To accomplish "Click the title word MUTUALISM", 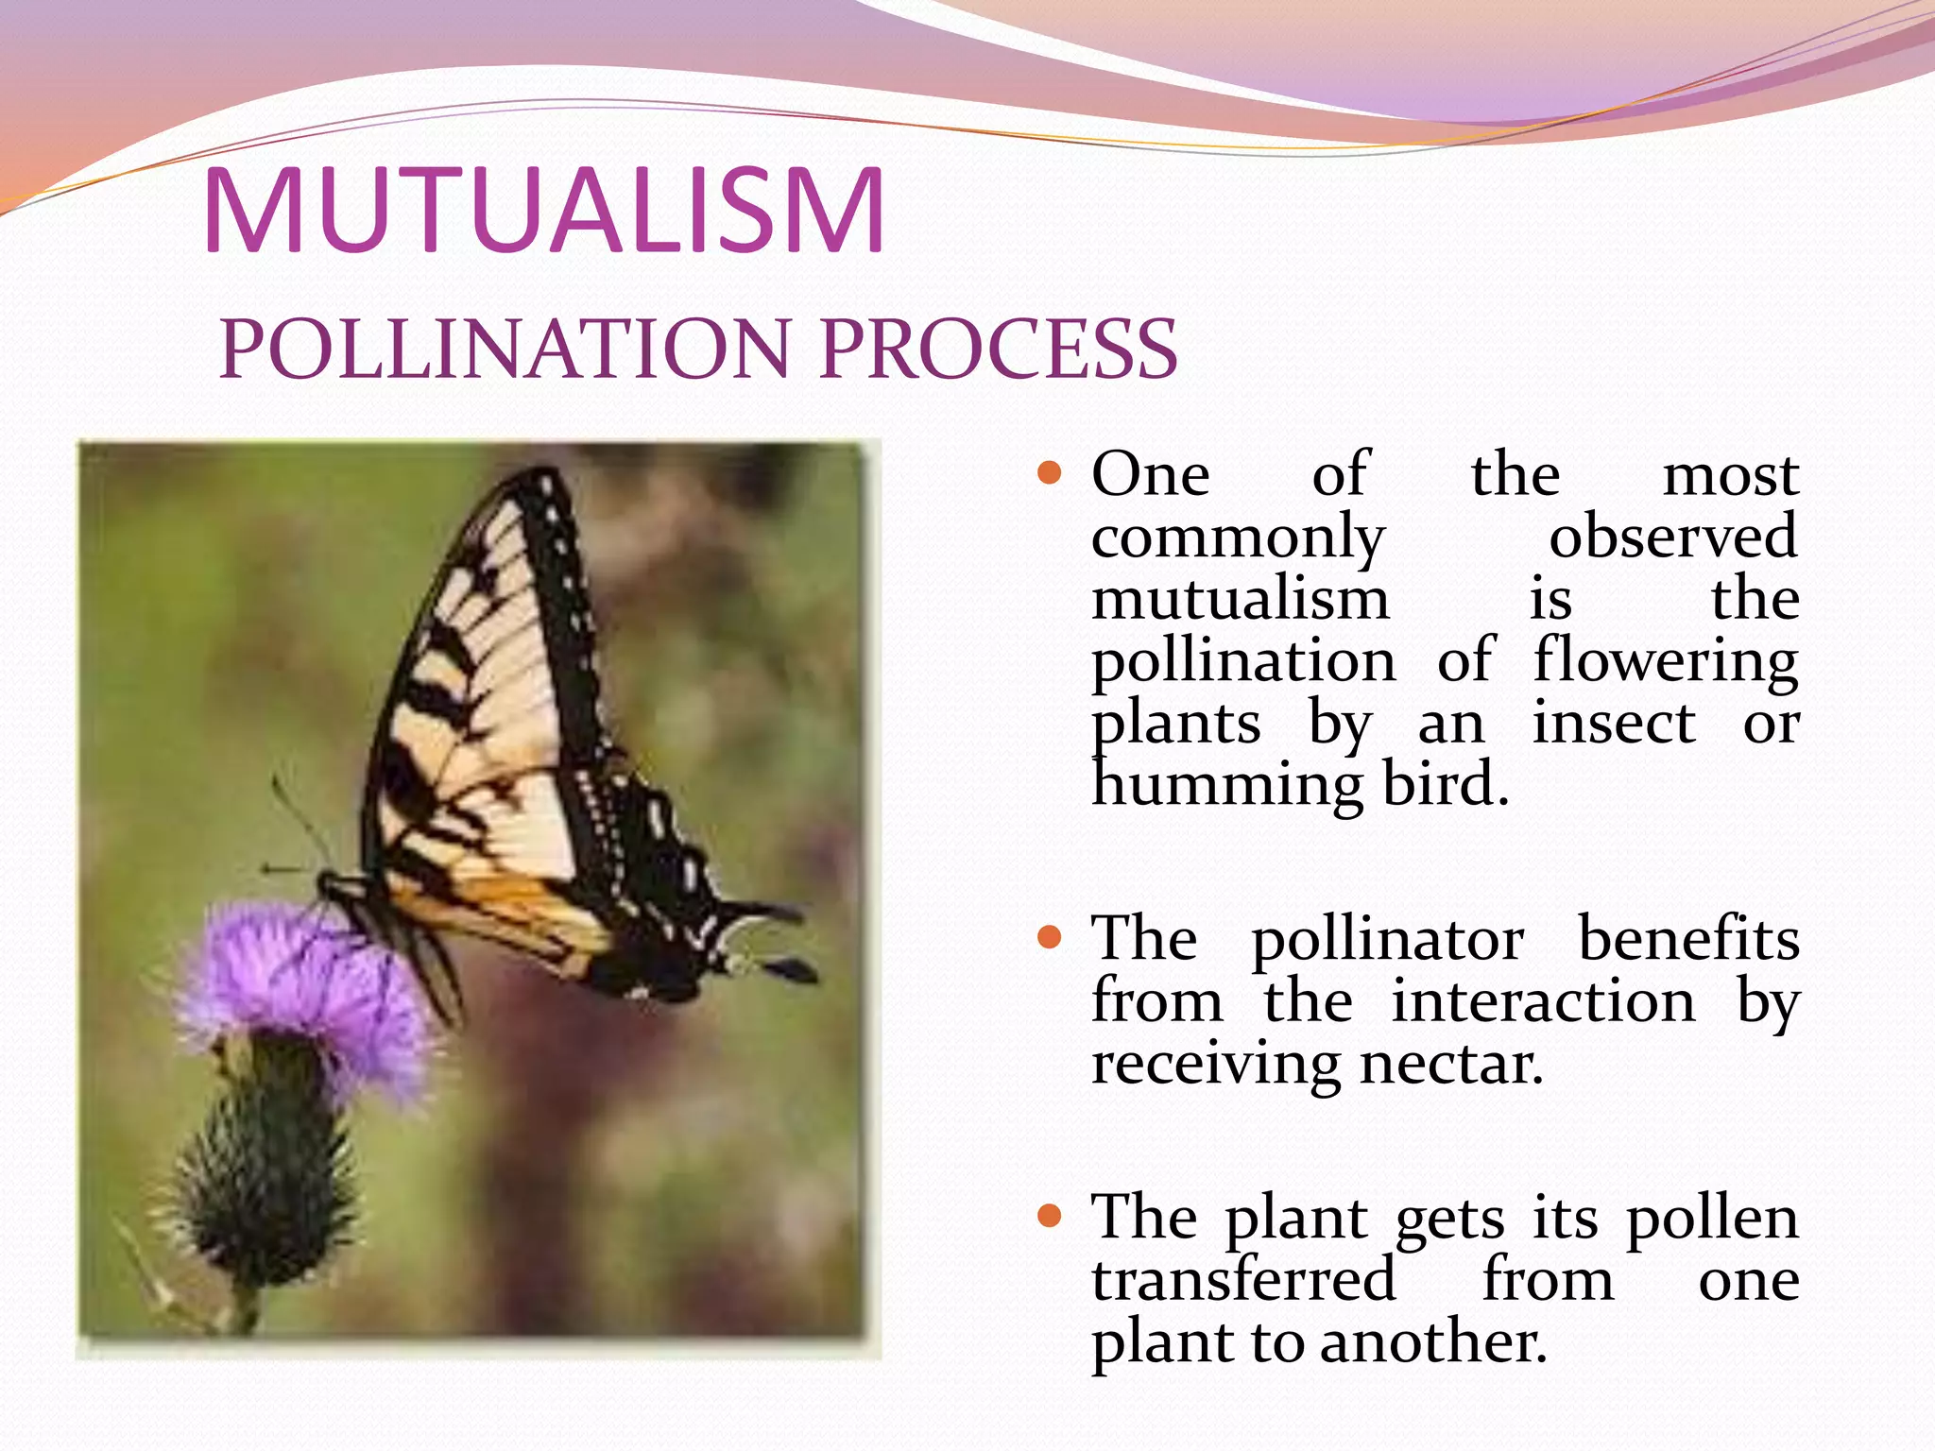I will tap(543, 212).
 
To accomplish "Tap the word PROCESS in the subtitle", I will tap(999, 349).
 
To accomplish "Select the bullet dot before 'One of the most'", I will tap(1050, 472).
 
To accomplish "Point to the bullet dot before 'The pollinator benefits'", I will tap(1050, 937).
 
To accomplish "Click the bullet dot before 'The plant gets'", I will tap(1050, 1215).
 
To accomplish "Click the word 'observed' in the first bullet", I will tap(1672, 537).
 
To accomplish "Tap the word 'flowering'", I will tap(1665, 661).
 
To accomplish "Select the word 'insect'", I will tap(1614, 724).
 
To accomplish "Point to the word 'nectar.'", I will tap(1451, 1064).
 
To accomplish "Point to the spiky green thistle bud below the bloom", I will tap(260, 1181).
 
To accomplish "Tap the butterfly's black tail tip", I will tap(789, 969).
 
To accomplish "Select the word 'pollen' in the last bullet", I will tap(1712, 1218).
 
